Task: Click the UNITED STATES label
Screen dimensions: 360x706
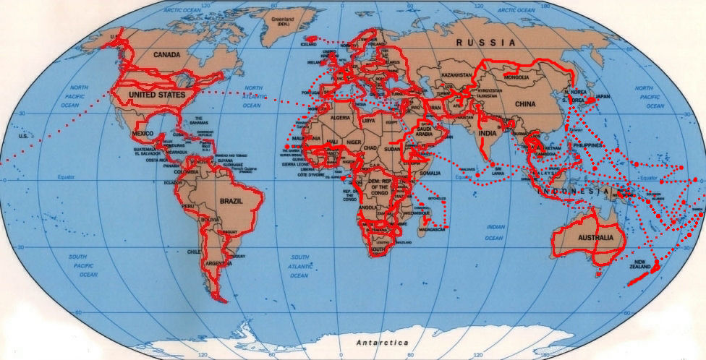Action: pos(156,95)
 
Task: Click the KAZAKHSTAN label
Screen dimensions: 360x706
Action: pos(456,75)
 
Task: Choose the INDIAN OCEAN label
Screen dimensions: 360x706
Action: pos(495,232)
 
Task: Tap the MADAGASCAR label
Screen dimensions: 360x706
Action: pos(433,229)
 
